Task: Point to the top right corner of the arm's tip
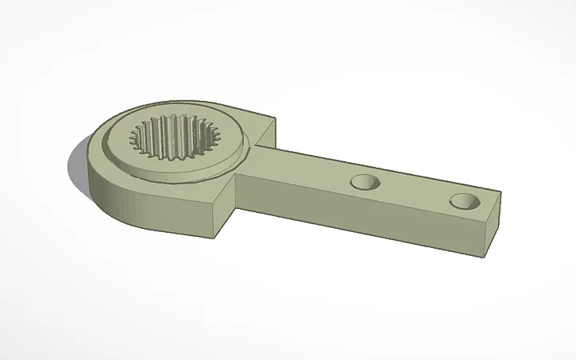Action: tap(501, 192)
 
